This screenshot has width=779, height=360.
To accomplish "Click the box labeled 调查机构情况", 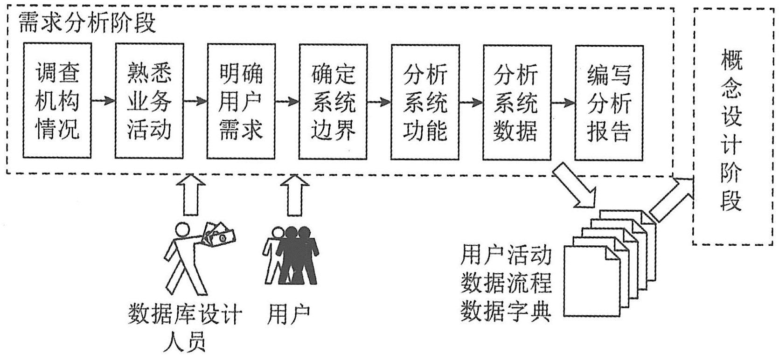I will (57, 101).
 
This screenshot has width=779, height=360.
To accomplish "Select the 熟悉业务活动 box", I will (149, 101).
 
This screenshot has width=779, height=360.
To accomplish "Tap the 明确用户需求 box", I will (241, 101).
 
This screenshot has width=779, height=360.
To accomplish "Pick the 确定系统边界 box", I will (333, 101).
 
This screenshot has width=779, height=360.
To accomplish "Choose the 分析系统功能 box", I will (425, 101).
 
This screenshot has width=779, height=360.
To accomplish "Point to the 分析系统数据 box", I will (517, 101).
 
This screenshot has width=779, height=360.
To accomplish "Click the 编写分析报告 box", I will (609, 101).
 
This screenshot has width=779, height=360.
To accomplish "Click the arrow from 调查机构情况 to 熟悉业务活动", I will (103, 100).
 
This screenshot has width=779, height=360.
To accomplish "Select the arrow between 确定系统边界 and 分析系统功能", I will (379, 101).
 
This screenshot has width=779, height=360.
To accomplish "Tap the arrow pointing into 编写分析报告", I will (563, 102).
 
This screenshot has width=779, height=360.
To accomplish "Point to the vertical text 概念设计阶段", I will (730, 130).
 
